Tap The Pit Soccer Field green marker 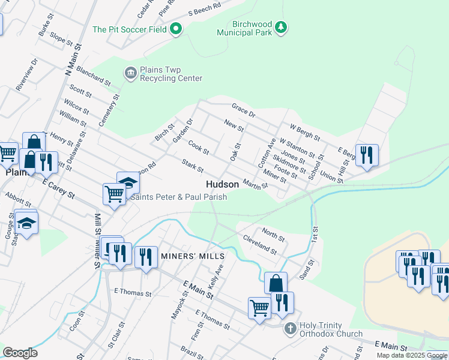[x=176, y=29]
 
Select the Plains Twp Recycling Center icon [x=130, y=73]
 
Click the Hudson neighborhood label [x=222, y=184]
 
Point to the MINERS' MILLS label [x=184, y=256]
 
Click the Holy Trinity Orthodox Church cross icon [x=290, y=328]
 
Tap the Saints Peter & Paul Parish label [x=178, y=197]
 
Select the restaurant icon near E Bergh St [x=367, y=155]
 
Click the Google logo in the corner [x=20, y=353]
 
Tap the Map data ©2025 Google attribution [x=412, y=355]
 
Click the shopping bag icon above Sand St [x=276, y=283]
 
